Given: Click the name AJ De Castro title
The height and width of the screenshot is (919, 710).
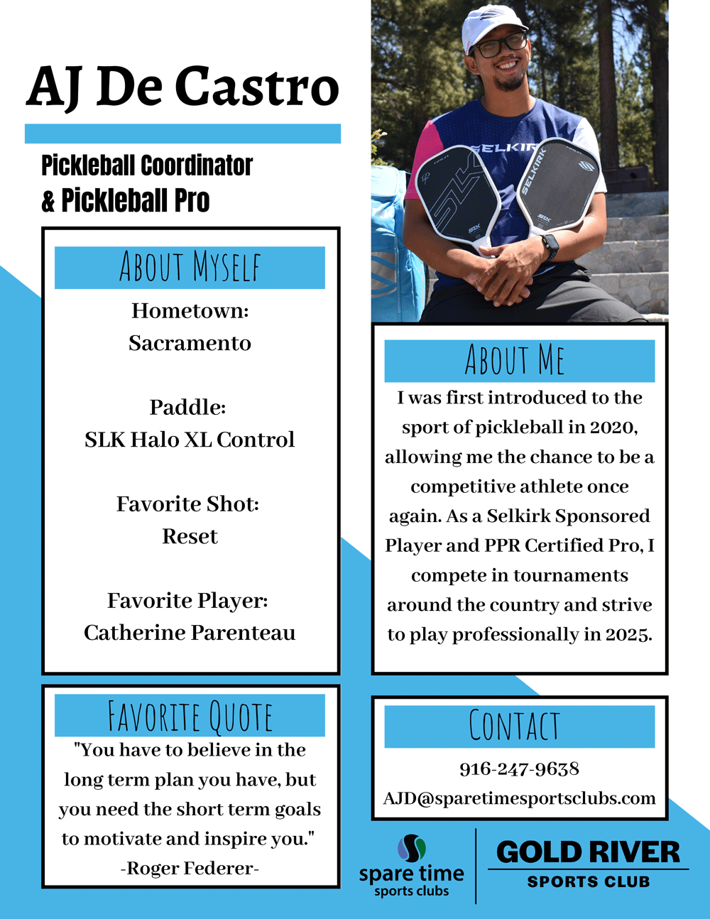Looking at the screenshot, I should coord(182,87).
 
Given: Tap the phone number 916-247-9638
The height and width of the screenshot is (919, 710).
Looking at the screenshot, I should coord(519,768).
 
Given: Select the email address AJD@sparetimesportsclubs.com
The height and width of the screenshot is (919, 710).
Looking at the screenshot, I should coord(519,798).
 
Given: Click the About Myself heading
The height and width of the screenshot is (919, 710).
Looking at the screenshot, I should coord(190,268).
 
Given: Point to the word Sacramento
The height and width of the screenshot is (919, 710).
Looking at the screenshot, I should coord(190,343).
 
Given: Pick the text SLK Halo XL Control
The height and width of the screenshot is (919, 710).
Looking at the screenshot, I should coord(190,440).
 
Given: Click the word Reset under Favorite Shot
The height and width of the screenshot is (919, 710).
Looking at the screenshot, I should coord(190,536).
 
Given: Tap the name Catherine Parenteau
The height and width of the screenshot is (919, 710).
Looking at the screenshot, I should coord(190,633).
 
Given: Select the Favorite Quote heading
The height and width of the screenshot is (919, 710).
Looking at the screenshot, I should coord(190,715).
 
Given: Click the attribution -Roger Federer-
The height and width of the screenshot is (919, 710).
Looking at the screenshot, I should coord(190,868).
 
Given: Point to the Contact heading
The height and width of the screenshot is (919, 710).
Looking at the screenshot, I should coord(515,726).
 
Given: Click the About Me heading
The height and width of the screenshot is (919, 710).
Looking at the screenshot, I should coord(515,360).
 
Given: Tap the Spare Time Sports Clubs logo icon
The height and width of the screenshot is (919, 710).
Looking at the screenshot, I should coord(412,848).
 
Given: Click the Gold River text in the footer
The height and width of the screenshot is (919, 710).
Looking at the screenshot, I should coord(588,852).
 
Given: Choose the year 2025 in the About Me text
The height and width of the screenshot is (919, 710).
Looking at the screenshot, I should coord(628,634).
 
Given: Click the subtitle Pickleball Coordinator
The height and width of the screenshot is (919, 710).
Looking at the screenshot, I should coord(147,165).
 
